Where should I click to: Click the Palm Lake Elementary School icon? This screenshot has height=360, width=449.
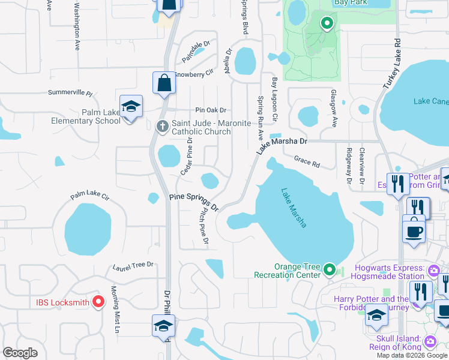131,107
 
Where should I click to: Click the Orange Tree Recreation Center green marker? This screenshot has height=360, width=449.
329,271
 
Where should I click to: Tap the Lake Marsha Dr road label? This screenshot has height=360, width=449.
282,145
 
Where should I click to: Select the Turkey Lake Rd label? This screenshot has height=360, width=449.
391,65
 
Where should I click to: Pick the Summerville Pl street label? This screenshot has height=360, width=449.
70,94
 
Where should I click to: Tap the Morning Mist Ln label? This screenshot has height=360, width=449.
114,310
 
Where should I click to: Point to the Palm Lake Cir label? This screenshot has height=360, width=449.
89,196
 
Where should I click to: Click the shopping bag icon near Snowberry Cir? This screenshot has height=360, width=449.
164,83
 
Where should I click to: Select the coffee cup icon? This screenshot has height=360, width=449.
414,231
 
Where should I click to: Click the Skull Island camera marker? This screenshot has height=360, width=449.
430,341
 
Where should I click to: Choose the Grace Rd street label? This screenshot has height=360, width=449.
306,161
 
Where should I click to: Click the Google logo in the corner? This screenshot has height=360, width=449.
20,353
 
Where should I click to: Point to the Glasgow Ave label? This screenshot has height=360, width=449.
334,109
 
